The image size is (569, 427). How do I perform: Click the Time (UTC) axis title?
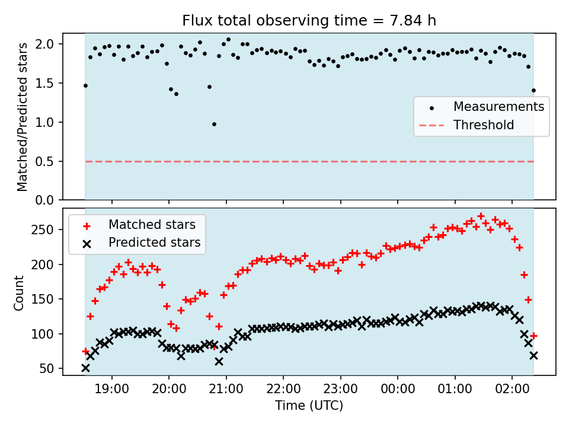click(x=309, y=406)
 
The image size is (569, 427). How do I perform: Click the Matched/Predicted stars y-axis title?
click(x=23, y=117)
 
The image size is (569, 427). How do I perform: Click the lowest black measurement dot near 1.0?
click(x=214, y=124)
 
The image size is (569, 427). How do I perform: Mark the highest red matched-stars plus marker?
click(x=481, y=216)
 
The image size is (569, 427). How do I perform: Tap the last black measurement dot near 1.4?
click(x=533, y=91)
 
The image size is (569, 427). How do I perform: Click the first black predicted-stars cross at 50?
click(x=85, y=368)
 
